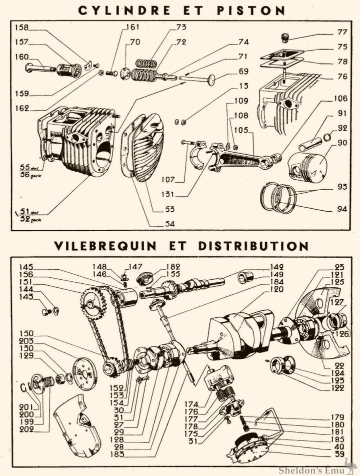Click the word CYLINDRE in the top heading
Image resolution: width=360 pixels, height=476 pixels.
pos(125,10)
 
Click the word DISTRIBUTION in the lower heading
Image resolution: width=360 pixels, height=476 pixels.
pos(253,246)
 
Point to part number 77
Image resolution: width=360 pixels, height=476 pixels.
pos(342,32)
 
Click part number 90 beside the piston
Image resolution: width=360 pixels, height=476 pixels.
pos(342,143)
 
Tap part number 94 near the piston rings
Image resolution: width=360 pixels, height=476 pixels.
pos(342,209)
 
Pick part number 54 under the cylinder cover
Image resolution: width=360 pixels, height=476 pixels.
pos(170,225)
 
